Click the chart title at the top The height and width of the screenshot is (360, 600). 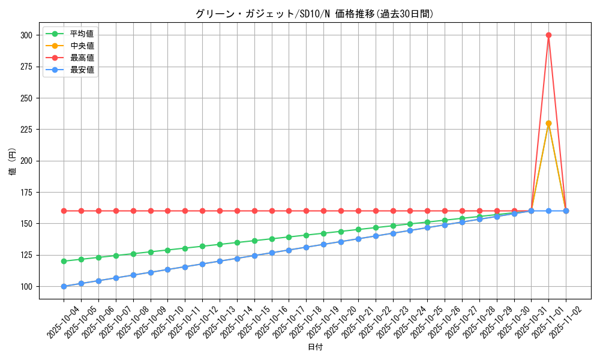(x=314, y=14)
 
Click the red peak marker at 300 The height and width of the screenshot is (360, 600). (x=548, y=35)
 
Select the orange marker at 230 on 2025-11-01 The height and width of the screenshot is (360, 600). (x=548, y=123)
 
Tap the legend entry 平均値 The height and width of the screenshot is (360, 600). (x=82, y=34)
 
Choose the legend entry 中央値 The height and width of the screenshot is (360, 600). (x=82, y=46)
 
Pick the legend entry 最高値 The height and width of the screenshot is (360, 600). (x=82, y=58)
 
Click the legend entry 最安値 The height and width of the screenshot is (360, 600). (x=82, y=70)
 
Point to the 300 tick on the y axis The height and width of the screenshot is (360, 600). (x=26, y=35)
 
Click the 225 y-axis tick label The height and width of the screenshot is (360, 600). (x=26, y=130)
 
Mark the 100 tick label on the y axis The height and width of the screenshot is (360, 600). (x=26, y=286)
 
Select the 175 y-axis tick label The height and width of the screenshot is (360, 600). (x=26, y=192)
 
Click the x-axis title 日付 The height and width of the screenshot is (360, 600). (x=315, y=347)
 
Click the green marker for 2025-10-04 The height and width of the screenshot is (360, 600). (x=64, y=261)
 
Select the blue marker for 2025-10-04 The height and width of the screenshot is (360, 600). (x=64, y=286)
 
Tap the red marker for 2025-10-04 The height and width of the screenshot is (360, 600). (x=64, y=211)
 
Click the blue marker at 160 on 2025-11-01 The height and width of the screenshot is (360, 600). (x=548, y=211)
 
